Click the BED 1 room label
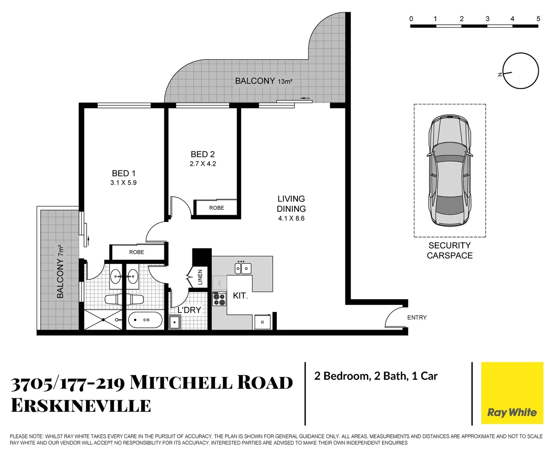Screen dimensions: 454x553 click(x=124, y=173)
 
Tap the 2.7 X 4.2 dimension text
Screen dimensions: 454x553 click(x=203, y=164)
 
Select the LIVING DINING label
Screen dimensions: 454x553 click(x=291, y=204)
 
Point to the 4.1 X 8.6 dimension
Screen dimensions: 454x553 click(x=291, y=219)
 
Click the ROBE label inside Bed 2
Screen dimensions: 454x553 click(x=216, y=208)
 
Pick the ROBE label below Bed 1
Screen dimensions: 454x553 click(x=137, y=252)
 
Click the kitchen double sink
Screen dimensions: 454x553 click(x=243, y=268)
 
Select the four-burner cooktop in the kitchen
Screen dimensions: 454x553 click(x=219, y=298)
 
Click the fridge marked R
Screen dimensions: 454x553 click(x=263, y=322)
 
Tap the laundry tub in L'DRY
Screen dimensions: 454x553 click(x=174, y=322)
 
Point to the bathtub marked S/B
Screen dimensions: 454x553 click(x=145, y=320)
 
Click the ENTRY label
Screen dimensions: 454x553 click(x=416, y=317)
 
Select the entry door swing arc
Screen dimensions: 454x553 click(x=394, y=317)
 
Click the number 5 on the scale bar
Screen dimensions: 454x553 click(x=538, y=19)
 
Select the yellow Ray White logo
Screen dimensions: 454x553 click(x=512, y=393)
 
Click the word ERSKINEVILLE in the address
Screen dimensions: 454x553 click(x=81, y=406)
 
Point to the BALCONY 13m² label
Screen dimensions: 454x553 click(x=263, y=81)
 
